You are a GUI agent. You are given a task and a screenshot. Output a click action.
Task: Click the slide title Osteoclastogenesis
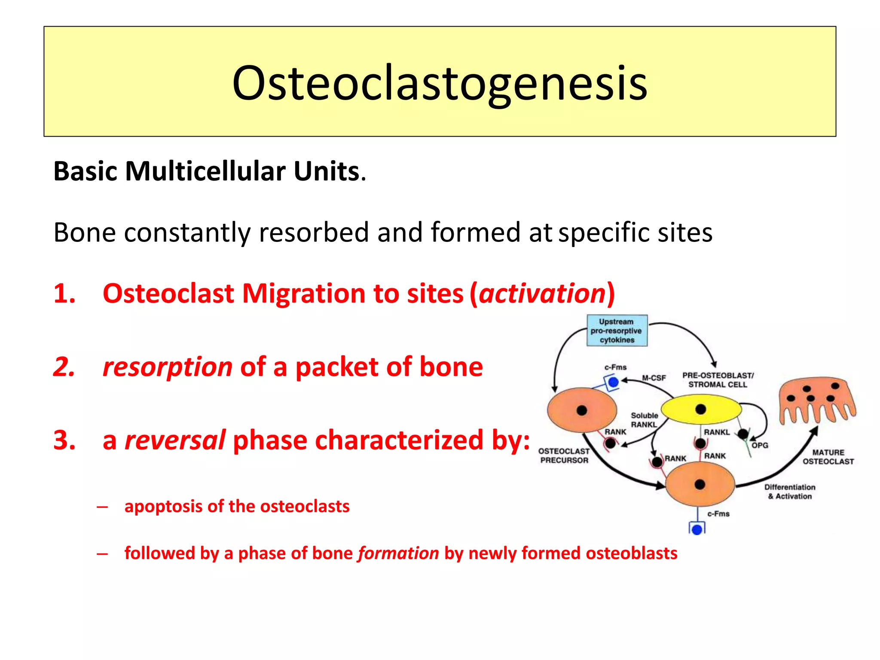coord(440,82)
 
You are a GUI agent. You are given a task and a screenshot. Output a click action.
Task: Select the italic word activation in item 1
coord(542,293)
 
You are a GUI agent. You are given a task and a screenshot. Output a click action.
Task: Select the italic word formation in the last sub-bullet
coord(398,553)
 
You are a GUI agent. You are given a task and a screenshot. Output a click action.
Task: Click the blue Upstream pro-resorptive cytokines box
coord(617,330)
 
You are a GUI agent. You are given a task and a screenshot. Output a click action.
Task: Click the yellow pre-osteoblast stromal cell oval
coord(701,409)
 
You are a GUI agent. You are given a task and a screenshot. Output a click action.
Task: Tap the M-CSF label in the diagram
coord(654,378)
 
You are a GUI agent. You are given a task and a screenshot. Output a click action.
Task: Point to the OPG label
coord(760,445)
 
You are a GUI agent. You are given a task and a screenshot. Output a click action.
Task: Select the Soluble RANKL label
coord(644,420)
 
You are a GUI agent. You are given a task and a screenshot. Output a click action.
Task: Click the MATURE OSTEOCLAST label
coord(828,457)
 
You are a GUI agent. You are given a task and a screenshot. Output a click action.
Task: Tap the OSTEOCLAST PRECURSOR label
coord(564,455)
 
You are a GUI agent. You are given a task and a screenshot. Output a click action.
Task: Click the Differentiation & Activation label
coord(790,492)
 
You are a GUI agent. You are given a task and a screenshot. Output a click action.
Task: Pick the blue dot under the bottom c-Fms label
coord(697,529)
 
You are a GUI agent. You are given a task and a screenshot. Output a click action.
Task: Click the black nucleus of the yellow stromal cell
coord(701,409)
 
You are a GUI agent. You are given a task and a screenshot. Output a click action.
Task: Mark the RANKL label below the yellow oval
coord(717,432)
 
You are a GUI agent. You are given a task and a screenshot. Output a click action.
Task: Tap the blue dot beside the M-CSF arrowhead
coord(613,382)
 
